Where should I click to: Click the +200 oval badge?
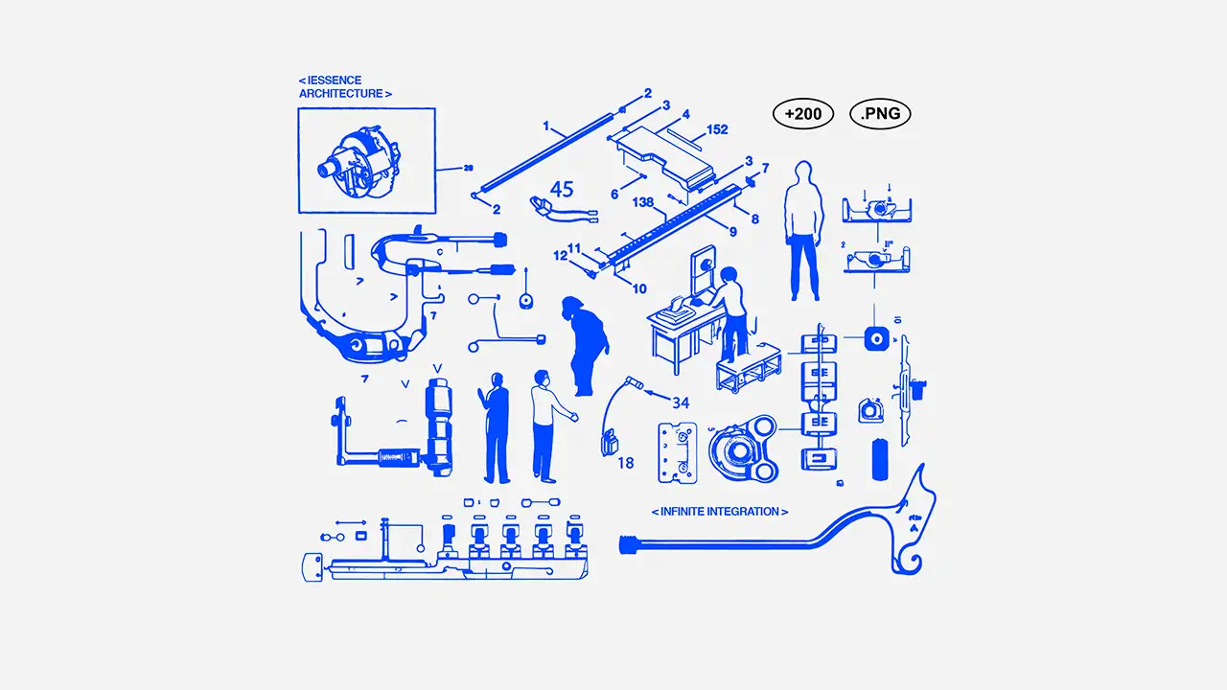pyautogui.click(x=802, y=114)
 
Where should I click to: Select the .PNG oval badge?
pyautogui.click(x=880, y=114)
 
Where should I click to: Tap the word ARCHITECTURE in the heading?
pyautogui.click(x=341, y=94)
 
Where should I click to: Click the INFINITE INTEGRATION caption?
pyautogui.click(x=720, y=512)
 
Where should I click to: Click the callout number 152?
pyautogui.click(x=717, y=129)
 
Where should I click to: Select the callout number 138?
pyautogui.click(x=644, y=202)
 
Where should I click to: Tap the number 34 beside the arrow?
pyautogui.click(x=681, y=402)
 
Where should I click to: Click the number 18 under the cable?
pyautogui.click(x=625, y=463)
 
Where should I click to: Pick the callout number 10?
pyautogui.click(x=639, y=288)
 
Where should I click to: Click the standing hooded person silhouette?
pyautogui.click(x=803, y=230)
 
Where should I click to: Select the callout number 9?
pyautogui.click(x=733, y=232)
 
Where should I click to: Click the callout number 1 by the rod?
pyautogui.click(x=546, y=126)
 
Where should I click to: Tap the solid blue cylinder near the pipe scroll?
pyautogui.click(x=879, y=459)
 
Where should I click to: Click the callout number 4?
pyautogui.click(x=686, y=114)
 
